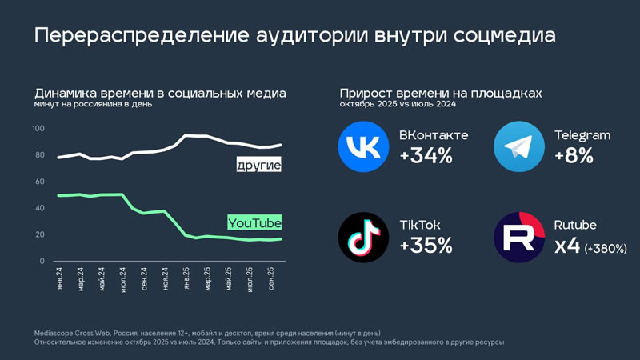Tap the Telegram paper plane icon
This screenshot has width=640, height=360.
(519, 147)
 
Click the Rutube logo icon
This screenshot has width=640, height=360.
(519, 238)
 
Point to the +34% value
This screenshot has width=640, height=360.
(426, 156)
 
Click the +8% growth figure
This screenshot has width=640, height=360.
(574, 156)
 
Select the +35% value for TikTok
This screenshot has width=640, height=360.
(426, 246)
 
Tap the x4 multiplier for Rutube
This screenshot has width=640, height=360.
(567, 246)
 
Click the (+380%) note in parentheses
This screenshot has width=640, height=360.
(605, 248)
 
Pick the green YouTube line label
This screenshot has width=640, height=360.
(254, 222)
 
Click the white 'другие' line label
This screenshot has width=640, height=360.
(259, 166)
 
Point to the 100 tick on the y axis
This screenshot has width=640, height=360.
(38, 129)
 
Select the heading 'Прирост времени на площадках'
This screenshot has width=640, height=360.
(440, 94)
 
